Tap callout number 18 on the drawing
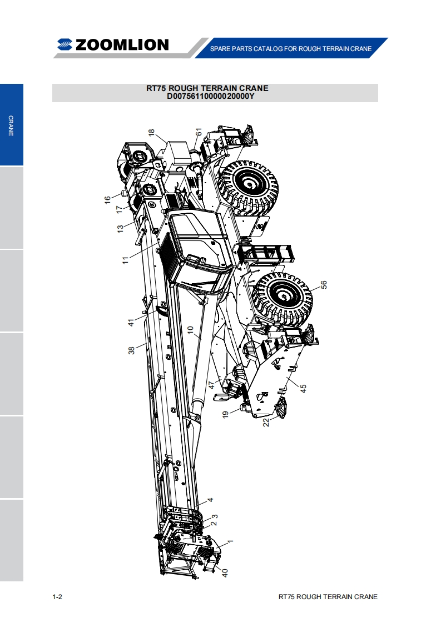(151, 132)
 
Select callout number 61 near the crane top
(199, 132)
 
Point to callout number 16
(107, 200)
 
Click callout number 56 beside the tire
(324, 285)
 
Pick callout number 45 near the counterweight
(303, 388)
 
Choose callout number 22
(266, 422)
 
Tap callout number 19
(225, 414)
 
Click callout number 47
(212, 385)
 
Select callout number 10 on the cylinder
(190, 330)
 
